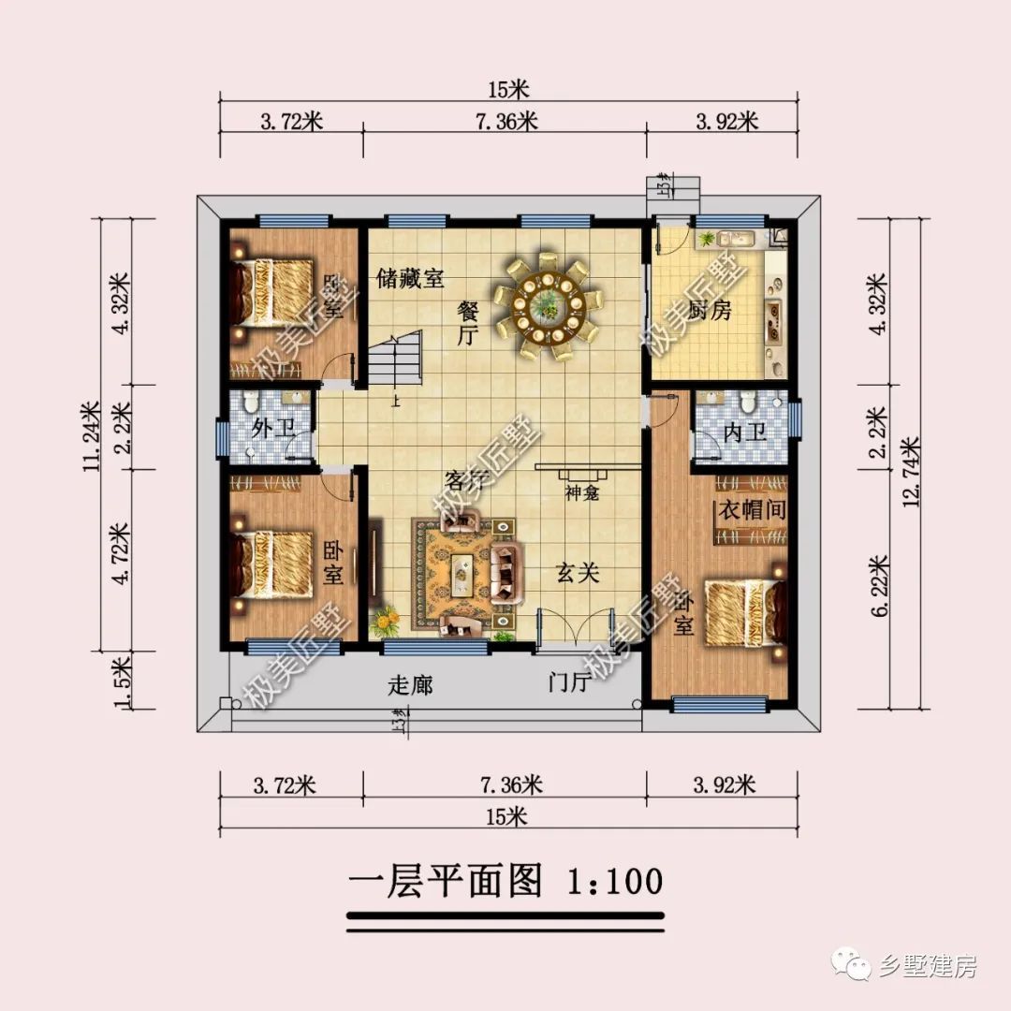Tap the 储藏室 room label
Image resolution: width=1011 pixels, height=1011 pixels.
(x=410, y=279)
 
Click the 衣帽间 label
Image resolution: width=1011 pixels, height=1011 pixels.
(x=751, y=511)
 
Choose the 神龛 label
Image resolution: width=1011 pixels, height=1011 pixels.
(x=582, y=492)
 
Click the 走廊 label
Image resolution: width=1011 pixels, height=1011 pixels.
(x=410, y=685)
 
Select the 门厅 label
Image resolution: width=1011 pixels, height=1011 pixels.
(x=569, y=683)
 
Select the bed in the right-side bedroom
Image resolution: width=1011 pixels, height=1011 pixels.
(x=742, y=613)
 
